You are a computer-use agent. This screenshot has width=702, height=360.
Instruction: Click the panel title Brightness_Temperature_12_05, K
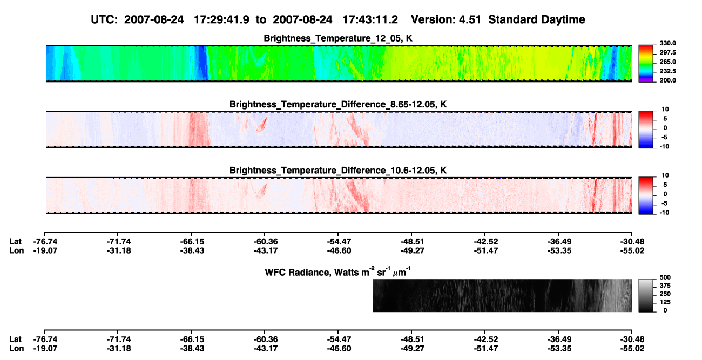tap(338, 38)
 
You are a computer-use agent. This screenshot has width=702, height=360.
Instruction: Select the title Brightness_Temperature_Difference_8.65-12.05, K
tap(338, 104)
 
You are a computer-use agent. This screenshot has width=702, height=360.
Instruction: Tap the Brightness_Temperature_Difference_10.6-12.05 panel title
tap(338, 171)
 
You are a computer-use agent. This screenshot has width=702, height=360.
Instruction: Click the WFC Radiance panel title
tap(338, 272)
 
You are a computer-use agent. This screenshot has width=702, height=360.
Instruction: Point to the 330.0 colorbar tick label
tap(667, 43)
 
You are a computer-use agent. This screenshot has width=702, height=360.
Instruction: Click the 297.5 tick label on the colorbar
tap(667, 52)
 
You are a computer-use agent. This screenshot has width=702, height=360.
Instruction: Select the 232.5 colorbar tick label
tap(667, 71)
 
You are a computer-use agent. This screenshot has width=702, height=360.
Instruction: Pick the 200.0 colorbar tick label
tap(667, 80)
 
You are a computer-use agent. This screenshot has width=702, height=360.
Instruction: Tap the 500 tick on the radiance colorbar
tap(665, 277)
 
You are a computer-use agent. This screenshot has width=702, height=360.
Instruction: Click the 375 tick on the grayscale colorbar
tap(665, 286)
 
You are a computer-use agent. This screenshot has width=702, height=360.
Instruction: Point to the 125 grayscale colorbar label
tap(665, 302)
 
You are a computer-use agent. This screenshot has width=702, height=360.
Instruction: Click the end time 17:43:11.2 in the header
tap(370, 19)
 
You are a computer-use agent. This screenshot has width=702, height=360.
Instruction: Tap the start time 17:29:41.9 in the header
tap(221, 19)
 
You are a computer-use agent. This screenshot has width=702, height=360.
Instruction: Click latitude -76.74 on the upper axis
tap(45, 242)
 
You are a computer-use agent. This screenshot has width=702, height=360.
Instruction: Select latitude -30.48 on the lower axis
tap(632, 339)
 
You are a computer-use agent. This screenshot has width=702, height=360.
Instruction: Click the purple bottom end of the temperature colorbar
tap(646, 80)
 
